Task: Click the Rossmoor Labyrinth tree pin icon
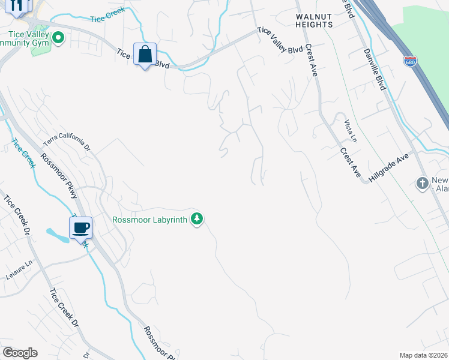(196, 219)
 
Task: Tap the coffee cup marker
(80, 227)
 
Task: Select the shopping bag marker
(145, 55)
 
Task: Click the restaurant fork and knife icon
(17, 5)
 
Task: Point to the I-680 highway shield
(410, 62)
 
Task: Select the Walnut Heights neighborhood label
(314, 20)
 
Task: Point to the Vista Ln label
(350, 131)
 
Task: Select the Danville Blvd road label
(373, 70)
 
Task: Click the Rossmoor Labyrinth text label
(150, 220)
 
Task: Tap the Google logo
(20, 353)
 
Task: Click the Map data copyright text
(424, 355)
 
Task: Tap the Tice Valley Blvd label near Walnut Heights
(280, 41)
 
